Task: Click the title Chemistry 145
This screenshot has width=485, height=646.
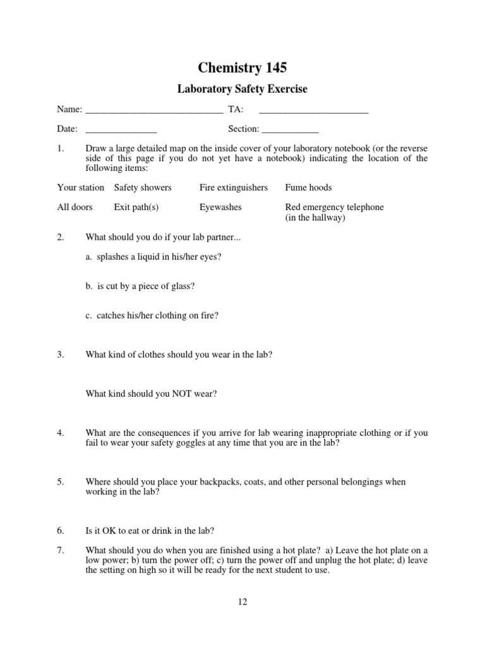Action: [x=242, y=68]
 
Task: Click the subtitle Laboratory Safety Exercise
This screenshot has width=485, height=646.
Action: [x=242, y=89]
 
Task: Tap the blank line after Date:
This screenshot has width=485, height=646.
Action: [x=121, y=131]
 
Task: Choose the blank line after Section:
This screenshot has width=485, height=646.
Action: [x=290, y=131]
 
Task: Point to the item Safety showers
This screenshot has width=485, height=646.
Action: [x=143, y=187]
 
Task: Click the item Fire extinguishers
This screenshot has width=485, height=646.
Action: [x=234, y=187]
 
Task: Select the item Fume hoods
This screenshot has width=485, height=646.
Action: [x=308, y=187]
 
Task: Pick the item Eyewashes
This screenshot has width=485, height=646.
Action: [x=220, y=207]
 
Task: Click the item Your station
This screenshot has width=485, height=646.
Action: [x=81, y=187]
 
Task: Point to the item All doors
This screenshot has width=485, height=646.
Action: [x=75, y=207]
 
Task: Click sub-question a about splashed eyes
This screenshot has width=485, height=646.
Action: [x=153, y=257]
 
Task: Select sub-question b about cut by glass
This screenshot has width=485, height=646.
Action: [x=140, y=286]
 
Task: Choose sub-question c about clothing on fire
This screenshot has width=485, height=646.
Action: [x=152, y=315]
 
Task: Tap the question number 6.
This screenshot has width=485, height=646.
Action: [x=61, y=531]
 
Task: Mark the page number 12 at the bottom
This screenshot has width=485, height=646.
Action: [x=242, y=601]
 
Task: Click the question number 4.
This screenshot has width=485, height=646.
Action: [x=61, y=433]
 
